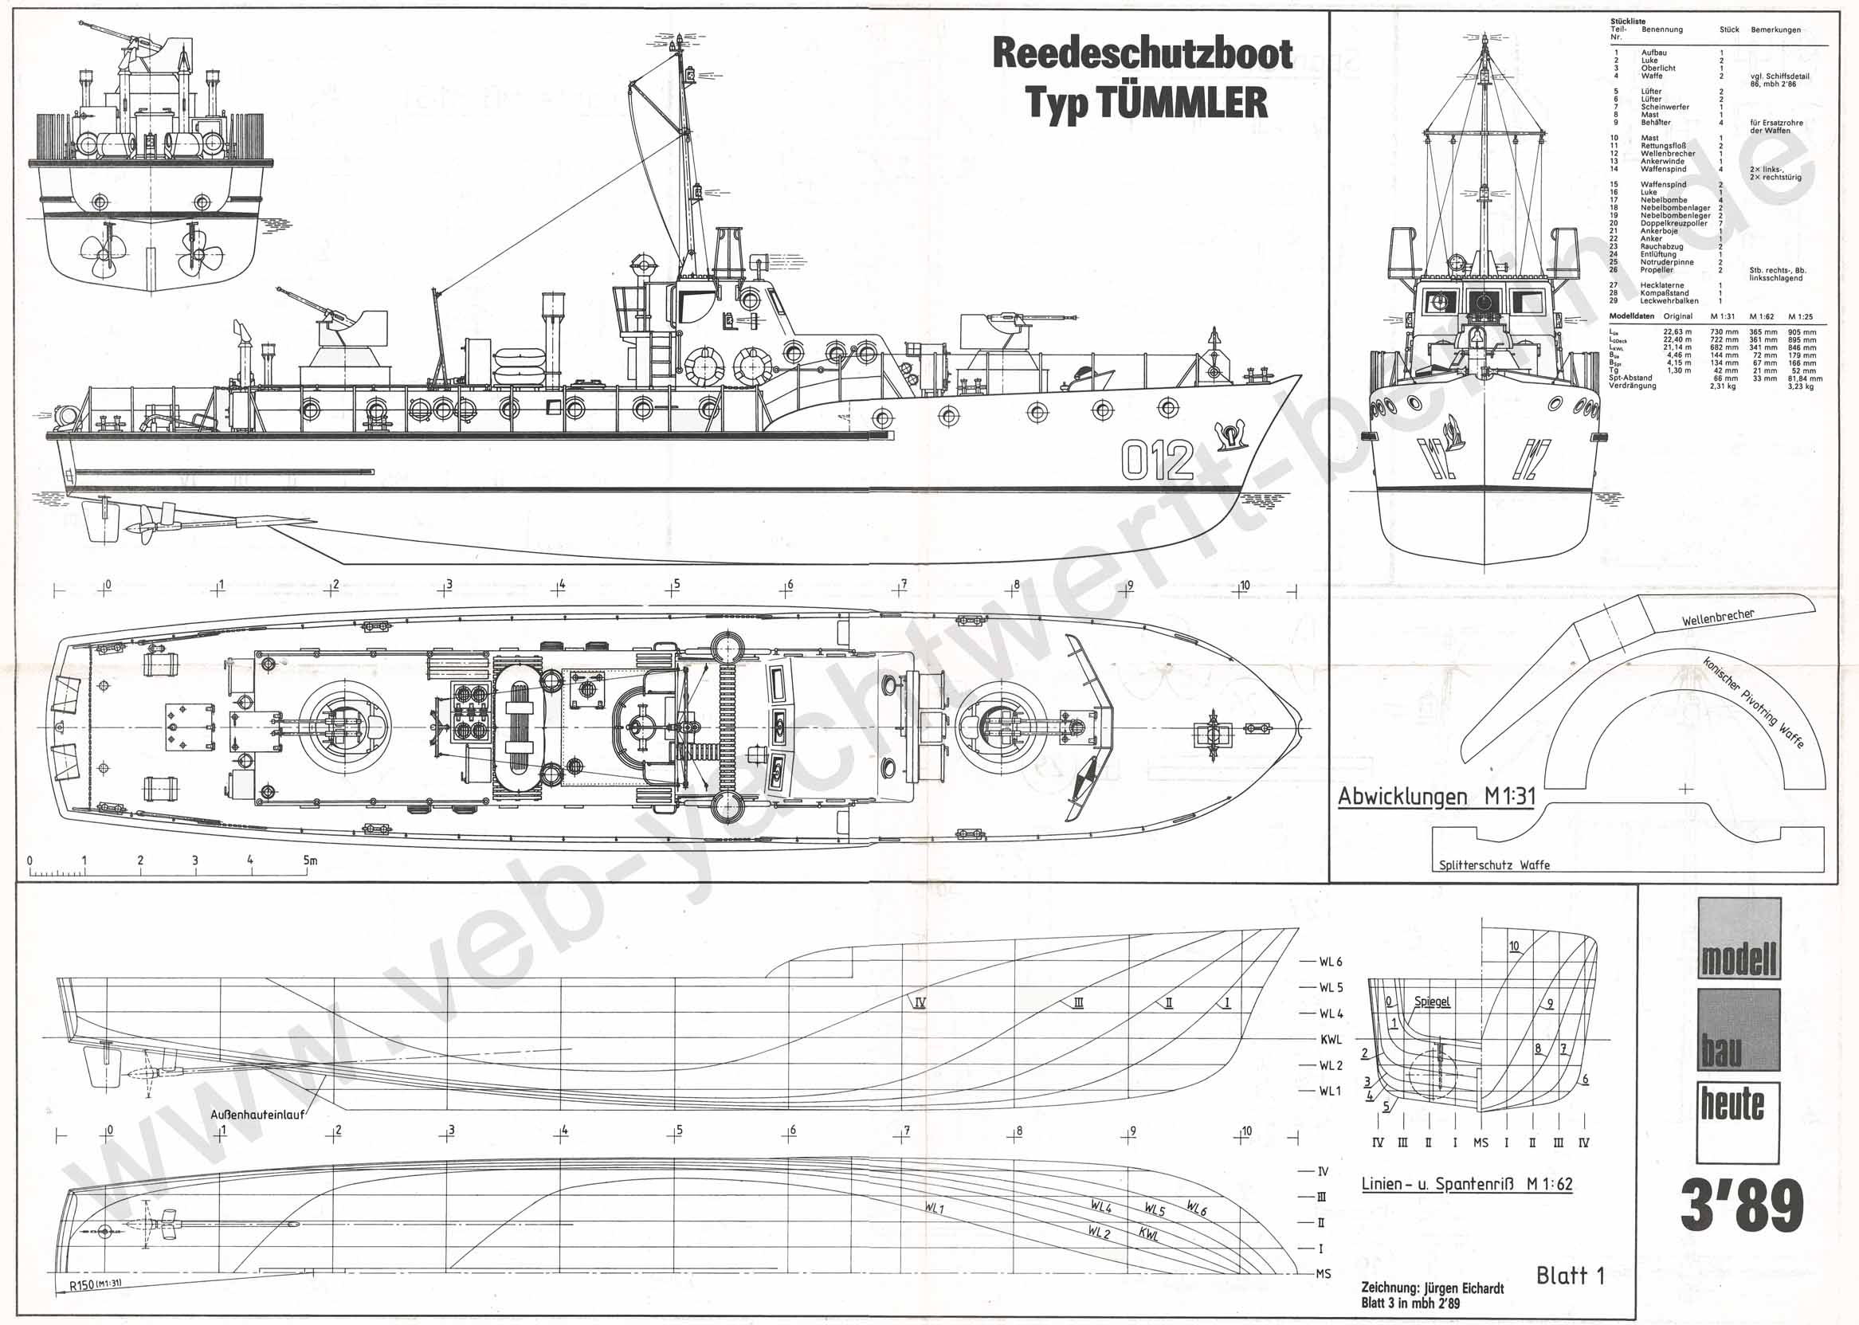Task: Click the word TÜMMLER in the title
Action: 1182,104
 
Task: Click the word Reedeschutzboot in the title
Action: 1142,54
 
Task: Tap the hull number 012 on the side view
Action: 1156,461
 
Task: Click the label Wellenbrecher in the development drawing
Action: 1717,617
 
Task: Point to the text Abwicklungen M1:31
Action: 1435,796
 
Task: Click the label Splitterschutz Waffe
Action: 1493,864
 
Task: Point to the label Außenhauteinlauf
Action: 257,1115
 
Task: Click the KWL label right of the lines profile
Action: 1331,1040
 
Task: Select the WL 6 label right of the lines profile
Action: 1330,962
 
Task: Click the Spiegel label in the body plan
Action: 1431,1002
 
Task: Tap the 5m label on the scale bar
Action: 309,860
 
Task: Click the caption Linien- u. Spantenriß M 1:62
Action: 1466,1184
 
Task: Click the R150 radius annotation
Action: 95,1284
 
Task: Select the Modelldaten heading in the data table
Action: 1632,316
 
